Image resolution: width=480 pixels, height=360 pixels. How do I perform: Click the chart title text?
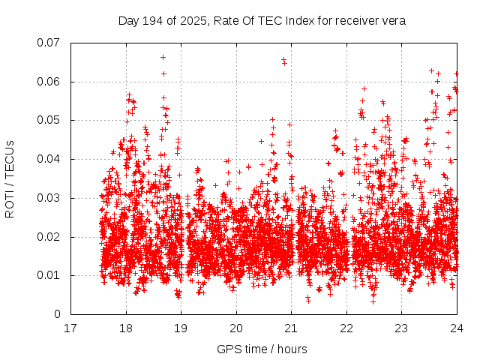pos(262,20)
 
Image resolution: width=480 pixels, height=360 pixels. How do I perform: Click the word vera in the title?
pos(393,20)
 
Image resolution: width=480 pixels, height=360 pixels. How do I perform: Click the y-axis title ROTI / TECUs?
pos(10,178)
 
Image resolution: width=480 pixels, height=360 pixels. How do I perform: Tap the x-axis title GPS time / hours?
pos(262,349)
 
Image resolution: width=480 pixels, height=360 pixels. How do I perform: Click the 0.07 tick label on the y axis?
pos(49,43)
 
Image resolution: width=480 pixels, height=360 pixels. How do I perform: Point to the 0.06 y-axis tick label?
pos(49,82)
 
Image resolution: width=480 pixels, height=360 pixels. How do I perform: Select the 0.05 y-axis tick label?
pos(49,120)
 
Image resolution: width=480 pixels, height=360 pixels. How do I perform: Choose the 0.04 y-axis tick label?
pos(49,159)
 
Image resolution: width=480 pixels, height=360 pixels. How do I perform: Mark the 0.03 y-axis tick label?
pos(49,198)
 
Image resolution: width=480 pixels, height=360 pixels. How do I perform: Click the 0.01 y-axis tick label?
pos(49,275)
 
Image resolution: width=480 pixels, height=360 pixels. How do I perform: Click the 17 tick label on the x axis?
pos(70,328)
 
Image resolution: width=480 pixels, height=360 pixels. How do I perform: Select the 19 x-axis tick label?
pos(181,328)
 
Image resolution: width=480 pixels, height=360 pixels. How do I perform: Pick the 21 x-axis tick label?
pos(291,328)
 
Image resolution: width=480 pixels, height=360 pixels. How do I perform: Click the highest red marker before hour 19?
pos(163,57)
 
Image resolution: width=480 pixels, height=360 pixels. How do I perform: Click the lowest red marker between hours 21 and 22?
pos(308,300)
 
